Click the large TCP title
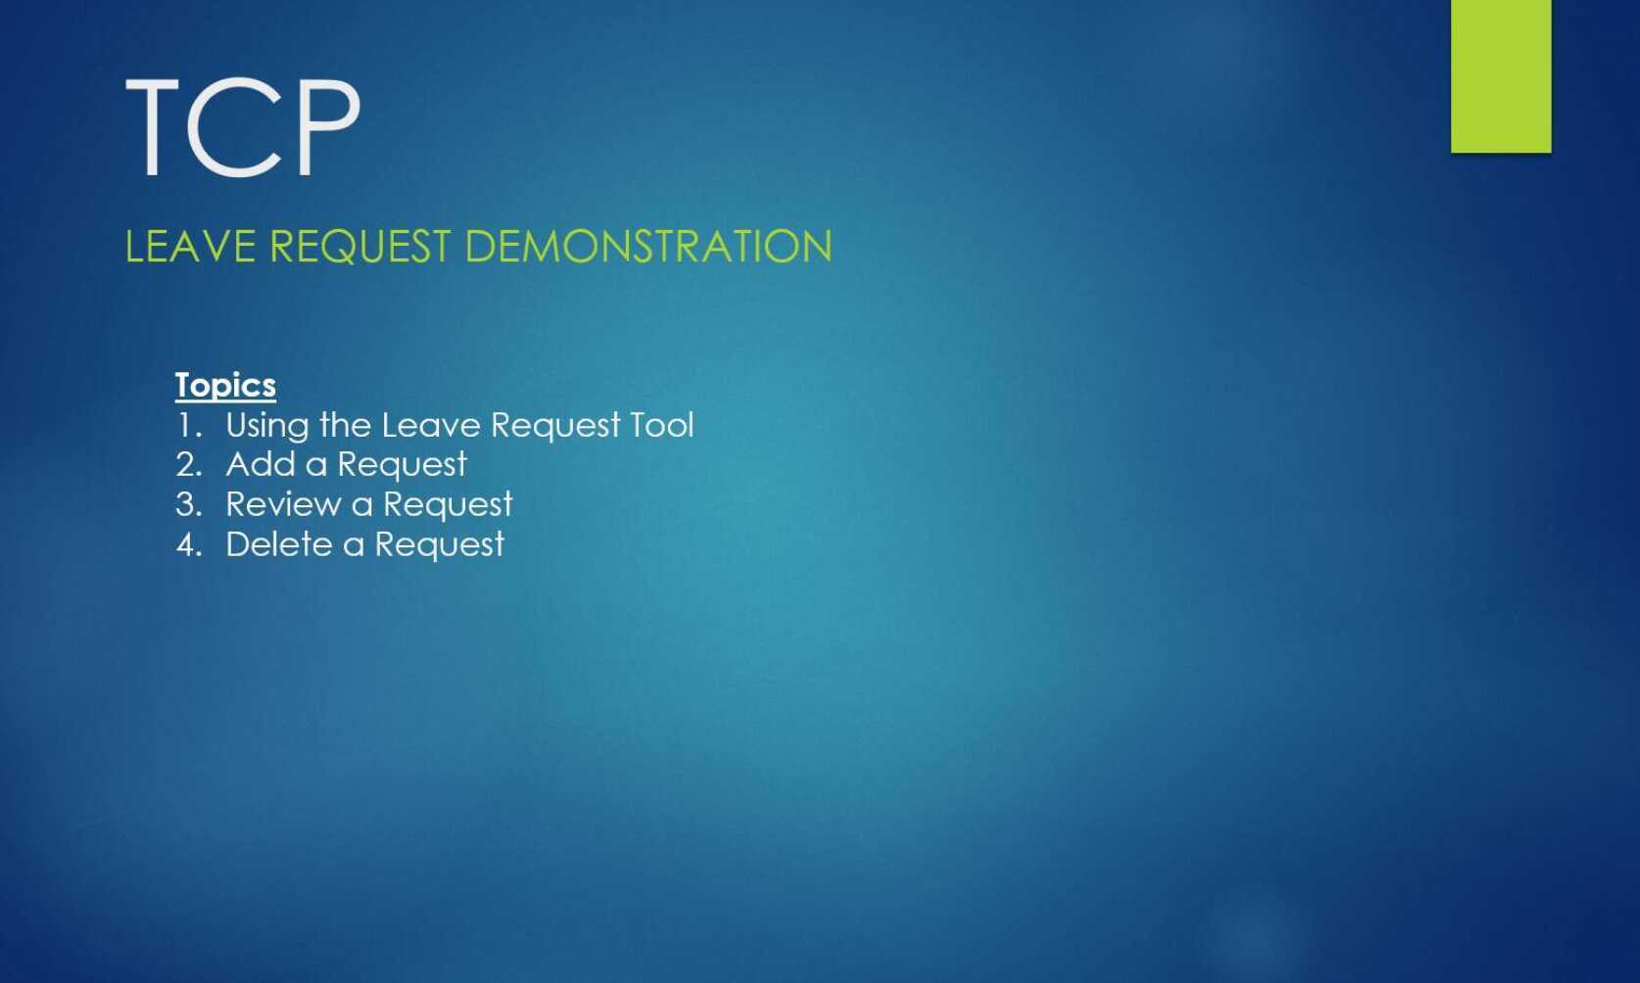pos(243,128)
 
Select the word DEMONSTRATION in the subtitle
pos(648,247)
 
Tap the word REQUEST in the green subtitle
pos(360,247)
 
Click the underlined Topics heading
pos(225,385)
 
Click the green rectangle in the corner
pos(1500,75)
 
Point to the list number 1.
pos(188,426)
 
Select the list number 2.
pos(188,465)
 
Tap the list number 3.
pos(188,505)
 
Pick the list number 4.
pos(188,545)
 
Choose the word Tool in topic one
pos(661,426)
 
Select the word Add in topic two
pos(261,464)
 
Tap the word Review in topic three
pos(283,504)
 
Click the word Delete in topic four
pos(279,544)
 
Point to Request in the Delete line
pos(439,545)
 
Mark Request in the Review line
pos(448,505)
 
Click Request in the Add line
pos(402,465)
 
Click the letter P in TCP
pos(324,128)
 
